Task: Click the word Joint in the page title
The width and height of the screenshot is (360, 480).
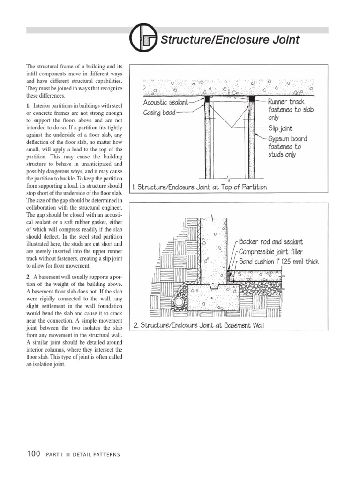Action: (283, 40)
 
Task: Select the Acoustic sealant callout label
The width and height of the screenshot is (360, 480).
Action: (165, 102)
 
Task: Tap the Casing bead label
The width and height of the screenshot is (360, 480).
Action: (159, 113)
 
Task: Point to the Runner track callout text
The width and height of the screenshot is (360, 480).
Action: (286, 101)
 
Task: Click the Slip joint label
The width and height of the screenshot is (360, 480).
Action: (281, 128)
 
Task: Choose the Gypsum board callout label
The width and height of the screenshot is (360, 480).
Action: (288, 139)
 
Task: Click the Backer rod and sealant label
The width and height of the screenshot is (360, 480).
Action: (271, 242)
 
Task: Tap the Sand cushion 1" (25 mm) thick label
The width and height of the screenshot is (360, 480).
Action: (279, 262)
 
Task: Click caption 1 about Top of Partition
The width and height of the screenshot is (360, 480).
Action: (200, 187)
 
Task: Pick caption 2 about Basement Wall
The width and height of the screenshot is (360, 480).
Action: (199, 325)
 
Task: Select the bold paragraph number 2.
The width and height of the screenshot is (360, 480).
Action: (29, 277)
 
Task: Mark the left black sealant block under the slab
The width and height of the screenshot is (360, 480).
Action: (206, 99)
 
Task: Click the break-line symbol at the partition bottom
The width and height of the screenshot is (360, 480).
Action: (229, 179)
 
